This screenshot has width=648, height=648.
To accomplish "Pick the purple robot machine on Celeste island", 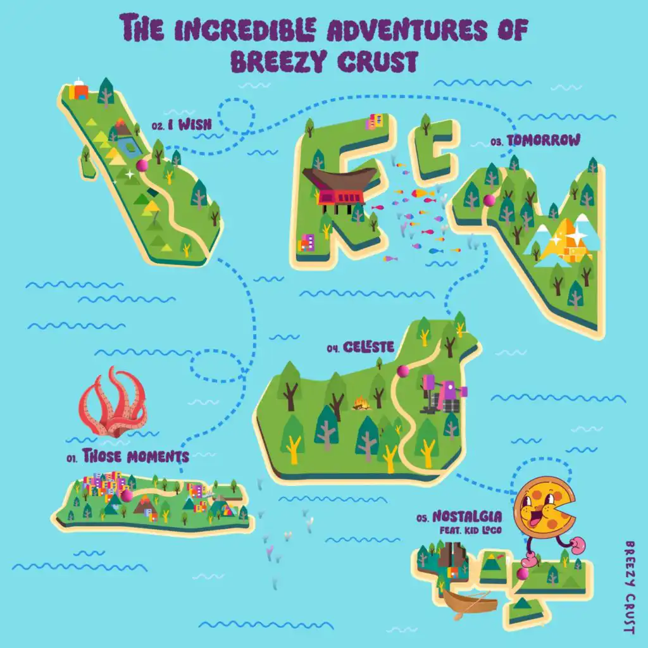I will coord(444,394).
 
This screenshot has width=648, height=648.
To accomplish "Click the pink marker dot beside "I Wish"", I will coord(142,165).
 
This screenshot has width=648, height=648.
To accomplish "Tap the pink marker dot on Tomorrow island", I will coord(489,201).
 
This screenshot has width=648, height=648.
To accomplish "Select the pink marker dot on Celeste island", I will coord(402,371).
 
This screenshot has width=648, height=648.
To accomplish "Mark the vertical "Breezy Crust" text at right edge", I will coord(628,587).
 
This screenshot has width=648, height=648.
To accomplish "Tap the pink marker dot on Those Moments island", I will coord(127,495).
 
